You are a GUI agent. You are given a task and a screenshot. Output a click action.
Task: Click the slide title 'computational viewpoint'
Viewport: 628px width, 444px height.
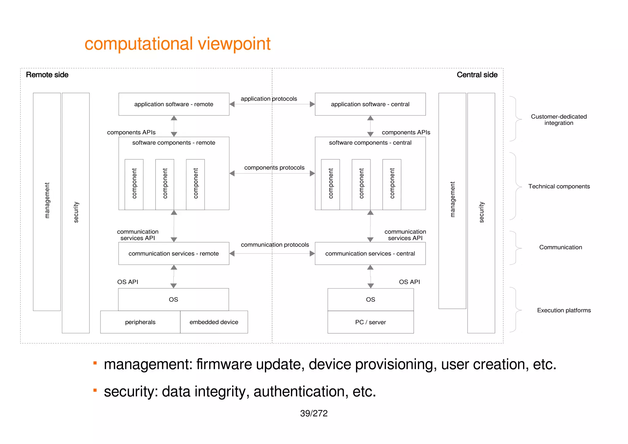pos(177,44)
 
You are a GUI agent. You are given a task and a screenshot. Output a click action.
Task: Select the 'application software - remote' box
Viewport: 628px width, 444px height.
pos(174,104)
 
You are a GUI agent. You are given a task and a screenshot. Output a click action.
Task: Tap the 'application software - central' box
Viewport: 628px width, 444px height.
pos(370,104)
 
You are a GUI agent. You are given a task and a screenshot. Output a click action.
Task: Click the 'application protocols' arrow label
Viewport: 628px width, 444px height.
pos(269,99)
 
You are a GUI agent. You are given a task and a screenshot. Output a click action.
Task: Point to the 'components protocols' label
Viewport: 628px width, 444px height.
pos(274,168)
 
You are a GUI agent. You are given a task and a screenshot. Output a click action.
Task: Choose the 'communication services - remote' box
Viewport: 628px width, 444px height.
pos(174,254)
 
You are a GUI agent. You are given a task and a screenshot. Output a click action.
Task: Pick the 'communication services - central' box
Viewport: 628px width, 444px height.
pos(370,254)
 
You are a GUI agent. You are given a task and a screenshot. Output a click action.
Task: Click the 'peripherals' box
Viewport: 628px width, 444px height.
pos(140,322)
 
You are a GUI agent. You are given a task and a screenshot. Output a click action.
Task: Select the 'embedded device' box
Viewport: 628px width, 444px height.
pos(214,322)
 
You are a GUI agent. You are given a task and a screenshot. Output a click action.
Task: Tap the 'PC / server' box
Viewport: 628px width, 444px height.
pos(370,322)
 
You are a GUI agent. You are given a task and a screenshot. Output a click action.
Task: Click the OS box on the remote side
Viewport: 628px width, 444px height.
pos(173,300)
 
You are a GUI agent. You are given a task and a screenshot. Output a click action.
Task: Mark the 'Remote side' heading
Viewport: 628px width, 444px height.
pos(47,75)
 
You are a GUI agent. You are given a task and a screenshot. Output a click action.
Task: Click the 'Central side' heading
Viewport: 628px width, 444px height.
pos(477,75)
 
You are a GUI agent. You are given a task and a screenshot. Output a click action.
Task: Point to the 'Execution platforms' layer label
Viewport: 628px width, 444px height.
pos(564,310)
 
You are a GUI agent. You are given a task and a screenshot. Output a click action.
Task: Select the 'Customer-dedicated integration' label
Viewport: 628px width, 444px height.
pos(559,120)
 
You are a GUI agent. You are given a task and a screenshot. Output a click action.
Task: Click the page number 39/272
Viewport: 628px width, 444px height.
pos(314,413)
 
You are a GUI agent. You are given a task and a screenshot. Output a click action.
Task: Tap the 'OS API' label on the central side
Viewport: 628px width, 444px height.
pos(409,282)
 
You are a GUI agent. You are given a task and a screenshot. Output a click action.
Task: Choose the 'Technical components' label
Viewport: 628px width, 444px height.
pos(559,186)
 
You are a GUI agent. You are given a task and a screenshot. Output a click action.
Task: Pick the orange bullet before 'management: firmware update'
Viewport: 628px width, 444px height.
pos(95,363)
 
